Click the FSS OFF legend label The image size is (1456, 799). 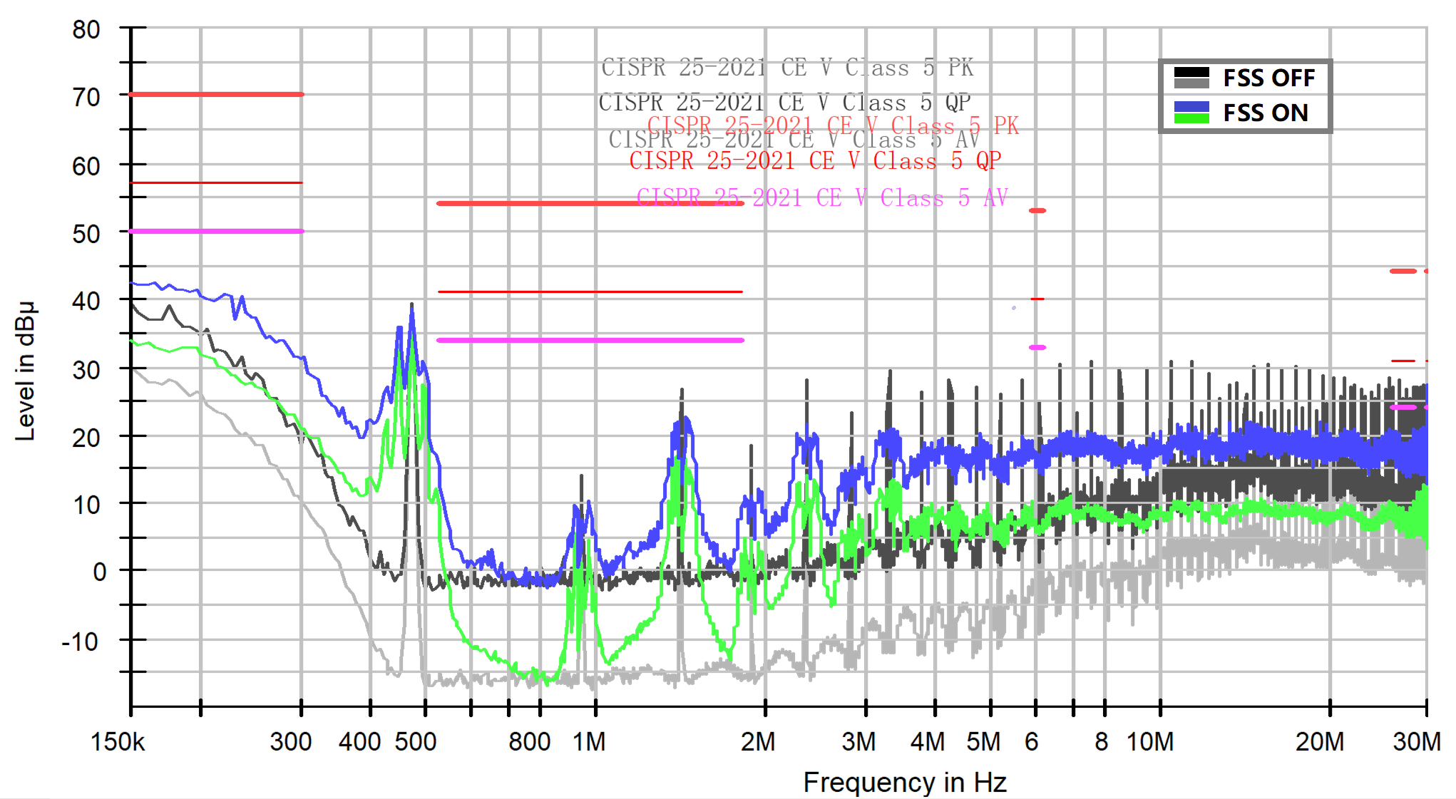1268,78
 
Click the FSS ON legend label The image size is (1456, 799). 1266,113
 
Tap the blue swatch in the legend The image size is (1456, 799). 1191,107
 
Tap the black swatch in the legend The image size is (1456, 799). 1191,72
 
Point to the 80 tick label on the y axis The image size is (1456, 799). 86,30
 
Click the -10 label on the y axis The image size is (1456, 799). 80,642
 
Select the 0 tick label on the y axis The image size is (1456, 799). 100,572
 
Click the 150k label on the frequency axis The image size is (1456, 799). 118,742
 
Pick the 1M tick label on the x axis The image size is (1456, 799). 589,742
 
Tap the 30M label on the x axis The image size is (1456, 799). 1416,742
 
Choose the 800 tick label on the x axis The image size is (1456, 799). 529,742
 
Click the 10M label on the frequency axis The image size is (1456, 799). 1150,742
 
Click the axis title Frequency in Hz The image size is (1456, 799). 904,782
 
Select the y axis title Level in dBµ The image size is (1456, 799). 26,371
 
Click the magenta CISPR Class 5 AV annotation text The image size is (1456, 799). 821,197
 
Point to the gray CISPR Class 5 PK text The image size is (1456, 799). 787,68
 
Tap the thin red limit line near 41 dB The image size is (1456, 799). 590,292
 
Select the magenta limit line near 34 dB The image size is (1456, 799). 590,340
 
